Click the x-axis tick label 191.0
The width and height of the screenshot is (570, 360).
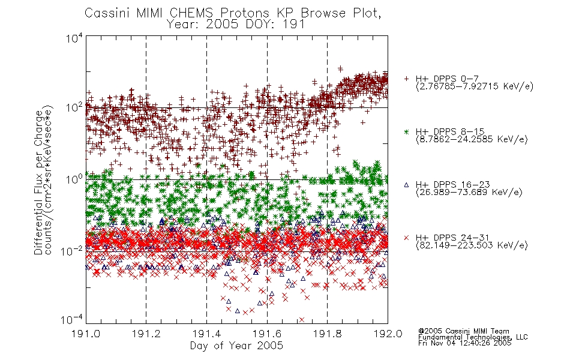85,334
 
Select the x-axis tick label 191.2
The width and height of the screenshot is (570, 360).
146,334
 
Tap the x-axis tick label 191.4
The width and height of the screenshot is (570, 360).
206,334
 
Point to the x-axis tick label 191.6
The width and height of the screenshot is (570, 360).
267,334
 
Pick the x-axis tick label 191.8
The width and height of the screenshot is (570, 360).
327,334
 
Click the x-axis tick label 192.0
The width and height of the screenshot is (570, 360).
388,334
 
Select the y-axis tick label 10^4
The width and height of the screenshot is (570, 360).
74,38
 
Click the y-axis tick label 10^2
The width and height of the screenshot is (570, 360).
74,107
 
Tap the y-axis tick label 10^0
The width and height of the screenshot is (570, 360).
74,179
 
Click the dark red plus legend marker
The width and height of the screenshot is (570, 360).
406,79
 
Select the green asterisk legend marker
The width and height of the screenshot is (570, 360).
406,131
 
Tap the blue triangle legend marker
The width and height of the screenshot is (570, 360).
406,185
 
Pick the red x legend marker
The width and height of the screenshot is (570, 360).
406,238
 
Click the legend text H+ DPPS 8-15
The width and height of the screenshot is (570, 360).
450,131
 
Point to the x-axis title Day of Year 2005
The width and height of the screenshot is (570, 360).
236,346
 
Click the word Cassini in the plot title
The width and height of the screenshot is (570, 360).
108,13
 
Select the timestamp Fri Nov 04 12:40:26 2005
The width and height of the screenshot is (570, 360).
464,343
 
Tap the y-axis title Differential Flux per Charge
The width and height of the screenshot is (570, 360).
38,182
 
